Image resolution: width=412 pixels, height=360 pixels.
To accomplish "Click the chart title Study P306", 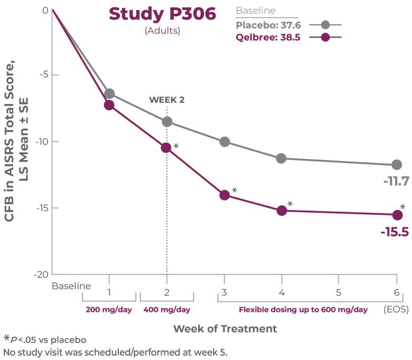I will pyautogui.click(x=162, y=14).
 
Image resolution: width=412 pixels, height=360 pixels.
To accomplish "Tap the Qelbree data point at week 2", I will pyautogui.click(x=166, y=148).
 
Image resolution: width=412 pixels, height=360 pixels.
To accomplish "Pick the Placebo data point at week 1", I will pyautogui.click(x=109, y=93).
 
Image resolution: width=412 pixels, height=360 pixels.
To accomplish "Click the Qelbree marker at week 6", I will pyautogui.click(x=397, y=215).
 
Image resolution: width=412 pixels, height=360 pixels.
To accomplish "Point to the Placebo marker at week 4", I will pyautogui.click(x=282, y=158).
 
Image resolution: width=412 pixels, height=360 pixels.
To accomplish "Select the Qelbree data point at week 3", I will pyautogui.click(x=224, y=195).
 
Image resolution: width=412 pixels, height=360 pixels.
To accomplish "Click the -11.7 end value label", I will pyautogui.click(x=396, y=182).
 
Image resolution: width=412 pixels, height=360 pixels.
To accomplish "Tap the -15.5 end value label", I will pyautogui.click(x=395, y=232).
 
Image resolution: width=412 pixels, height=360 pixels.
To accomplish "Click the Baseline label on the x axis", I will pyautogui.click(x=71, y=286).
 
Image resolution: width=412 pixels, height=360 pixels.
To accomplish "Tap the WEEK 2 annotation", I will pyautogui.click(x=167, y=99).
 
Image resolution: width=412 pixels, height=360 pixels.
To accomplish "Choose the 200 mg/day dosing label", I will pyautogui.click(x=109, y=310).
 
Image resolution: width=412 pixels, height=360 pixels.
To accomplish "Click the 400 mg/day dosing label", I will pyautogui.click(x=167, y=310).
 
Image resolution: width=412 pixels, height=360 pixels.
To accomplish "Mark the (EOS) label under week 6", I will pyautogui.click(x=397, y=310).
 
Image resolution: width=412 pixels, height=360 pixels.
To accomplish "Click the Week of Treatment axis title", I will pyautogui.click(x=225, y=329).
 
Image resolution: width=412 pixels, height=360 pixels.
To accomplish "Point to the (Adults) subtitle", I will pyautogui.click(x=162, y=31).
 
